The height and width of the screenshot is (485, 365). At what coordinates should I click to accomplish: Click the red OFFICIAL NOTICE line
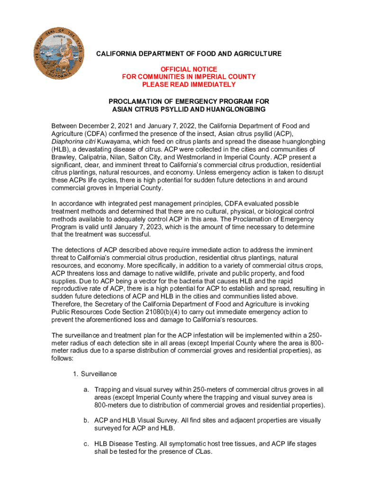(189, 69)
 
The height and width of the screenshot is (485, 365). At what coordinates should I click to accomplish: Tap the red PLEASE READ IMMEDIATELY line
(189, 84)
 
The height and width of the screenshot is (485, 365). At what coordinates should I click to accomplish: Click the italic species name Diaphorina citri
(73, 142)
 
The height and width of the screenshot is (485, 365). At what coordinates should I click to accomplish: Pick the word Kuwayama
(113, 142)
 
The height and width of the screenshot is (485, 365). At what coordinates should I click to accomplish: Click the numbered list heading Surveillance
(99, 374)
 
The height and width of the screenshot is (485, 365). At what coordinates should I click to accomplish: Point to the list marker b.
(87, 420)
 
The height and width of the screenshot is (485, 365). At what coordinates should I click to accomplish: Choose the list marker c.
(87, 444)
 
